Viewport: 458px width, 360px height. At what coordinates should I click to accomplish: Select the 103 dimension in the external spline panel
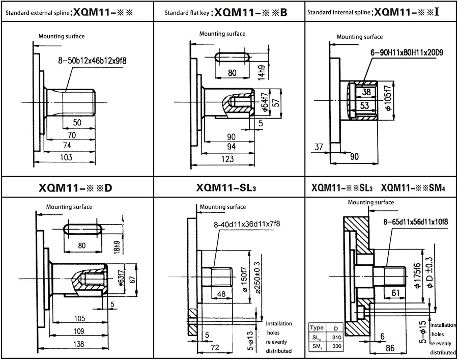click(67, 157)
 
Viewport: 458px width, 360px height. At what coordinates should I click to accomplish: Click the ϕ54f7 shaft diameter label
click(264, 102)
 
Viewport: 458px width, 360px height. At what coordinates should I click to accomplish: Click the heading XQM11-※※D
click(75, 188)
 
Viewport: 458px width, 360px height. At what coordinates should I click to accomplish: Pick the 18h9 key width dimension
click(117, 245)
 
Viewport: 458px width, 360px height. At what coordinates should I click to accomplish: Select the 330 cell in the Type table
click(336, 346)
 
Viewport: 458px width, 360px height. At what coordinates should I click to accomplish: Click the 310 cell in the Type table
click(336, 338)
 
